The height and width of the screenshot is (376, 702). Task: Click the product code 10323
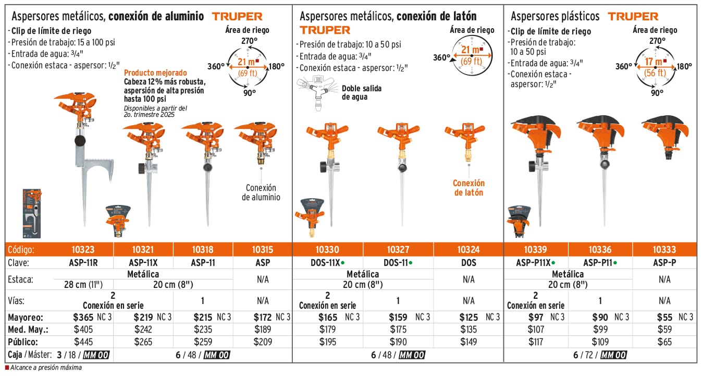click(x=84, y=250)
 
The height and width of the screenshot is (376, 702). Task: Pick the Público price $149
click(x=469, y=342)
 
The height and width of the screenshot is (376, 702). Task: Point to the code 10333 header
click(x=664, y=250)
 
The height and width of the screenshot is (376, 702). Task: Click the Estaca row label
click(x=21, y=280)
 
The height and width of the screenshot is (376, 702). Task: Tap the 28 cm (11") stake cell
click(x=84, y=284)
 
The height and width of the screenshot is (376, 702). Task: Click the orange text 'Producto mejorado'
click(x=155, y=73)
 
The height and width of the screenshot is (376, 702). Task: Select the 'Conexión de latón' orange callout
click(x=469, y=188)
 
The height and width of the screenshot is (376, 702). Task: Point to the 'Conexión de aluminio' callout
click(x=261, y=192)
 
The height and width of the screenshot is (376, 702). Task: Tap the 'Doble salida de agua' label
click(x=362, y=92)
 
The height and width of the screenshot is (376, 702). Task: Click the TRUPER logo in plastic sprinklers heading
click(x=633, y=17)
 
